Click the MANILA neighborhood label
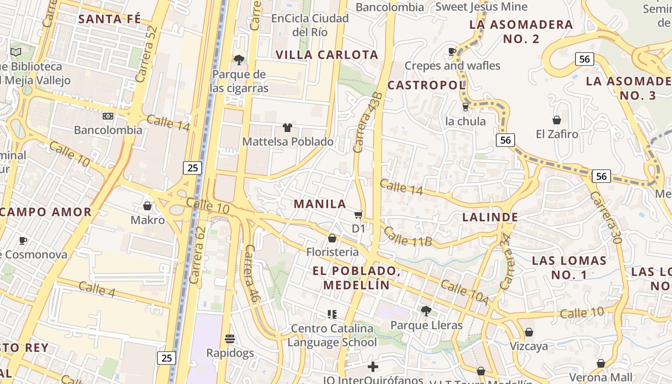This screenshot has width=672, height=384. (320, 204)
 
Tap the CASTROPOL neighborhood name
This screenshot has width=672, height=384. (426, 85)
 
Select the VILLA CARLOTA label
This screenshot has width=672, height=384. (327, 55)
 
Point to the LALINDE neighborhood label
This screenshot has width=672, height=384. (490, 217)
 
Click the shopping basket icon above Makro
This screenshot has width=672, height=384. (147, 206)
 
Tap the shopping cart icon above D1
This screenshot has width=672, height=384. (358, 215)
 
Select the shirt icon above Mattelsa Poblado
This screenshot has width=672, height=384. (288, 127)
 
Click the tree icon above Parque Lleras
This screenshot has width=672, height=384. (426, 311)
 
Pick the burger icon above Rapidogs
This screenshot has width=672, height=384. (230, 339)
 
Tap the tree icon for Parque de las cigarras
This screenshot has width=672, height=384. (239, 60)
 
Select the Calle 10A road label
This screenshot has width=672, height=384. (464, 292)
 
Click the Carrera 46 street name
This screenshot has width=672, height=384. (252, 274)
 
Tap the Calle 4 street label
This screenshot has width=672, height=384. (96, 288)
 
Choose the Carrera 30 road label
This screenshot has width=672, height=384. (605, 217)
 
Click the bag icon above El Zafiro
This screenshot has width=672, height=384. (557, 120)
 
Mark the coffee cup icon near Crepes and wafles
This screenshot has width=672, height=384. (452, 51)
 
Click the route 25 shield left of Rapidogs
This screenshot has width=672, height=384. (167, 358)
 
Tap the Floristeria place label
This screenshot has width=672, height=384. (332, 252)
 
